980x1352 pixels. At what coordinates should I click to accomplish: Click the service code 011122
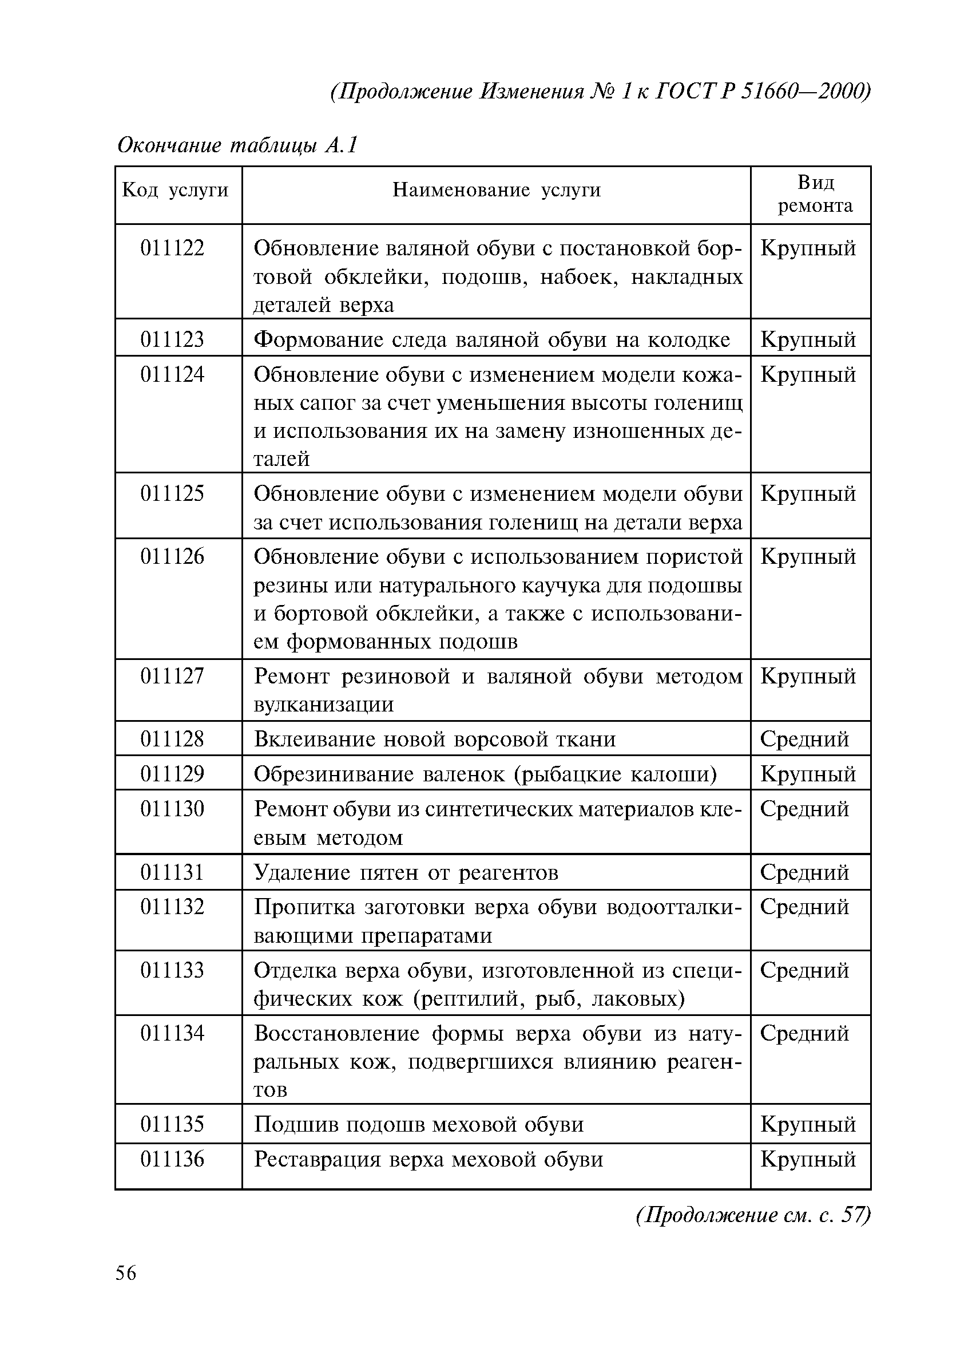coord(172,248)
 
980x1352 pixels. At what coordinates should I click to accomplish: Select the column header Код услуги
coord(175,190)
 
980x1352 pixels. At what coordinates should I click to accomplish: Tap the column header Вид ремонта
coord(815,193)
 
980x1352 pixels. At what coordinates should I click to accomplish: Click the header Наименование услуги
coord(496,190)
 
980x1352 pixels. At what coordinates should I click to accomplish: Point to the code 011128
coord(172,739)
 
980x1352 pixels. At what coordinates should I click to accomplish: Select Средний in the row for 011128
coord(804,739)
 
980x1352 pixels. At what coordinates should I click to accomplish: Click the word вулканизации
coord(323,705)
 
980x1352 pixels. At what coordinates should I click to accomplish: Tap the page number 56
coord(126,1274)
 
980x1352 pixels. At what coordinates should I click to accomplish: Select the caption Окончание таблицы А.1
coord(237,145)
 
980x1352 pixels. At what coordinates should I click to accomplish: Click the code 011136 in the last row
coord(172,1159)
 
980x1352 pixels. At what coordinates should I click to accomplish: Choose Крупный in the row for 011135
coord(808,1124)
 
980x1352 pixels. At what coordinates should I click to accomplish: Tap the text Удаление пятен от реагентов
coord(406,873)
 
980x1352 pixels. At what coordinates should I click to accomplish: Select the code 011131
coord(172,873)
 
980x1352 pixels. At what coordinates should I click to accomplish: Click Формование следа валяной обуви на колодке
coord(491,340)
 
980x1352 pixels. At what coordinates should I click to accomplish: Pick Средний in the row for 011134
coord(804,1033)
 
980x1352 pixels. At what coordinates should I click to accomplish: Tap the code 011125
coord(172,493)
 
